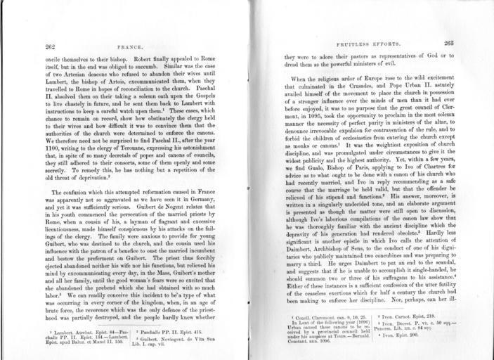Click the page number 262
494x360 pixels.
(x=50, y=46)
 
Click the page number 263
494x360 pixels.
(x=449, y=43)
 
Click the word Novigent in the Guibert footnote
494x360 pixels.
(x=182, y=337)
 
